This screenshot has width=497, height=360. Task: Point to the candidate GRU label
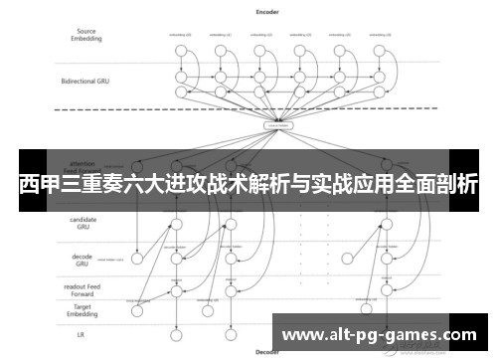click(x=83, y=224)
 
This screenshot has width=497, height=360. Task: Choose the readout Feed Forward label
click(x=83, y=290)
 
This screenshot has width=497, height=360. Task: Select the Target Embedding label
click(x=83, y=309)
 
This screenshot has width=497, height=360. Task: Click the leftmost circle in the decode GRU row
click(x=136, y=259)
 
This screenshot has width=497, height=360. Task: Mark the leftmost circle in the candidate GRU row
click(x=177, y=225)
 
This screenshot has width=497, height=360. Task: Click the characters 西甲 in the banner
click(x=41, y=182)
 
